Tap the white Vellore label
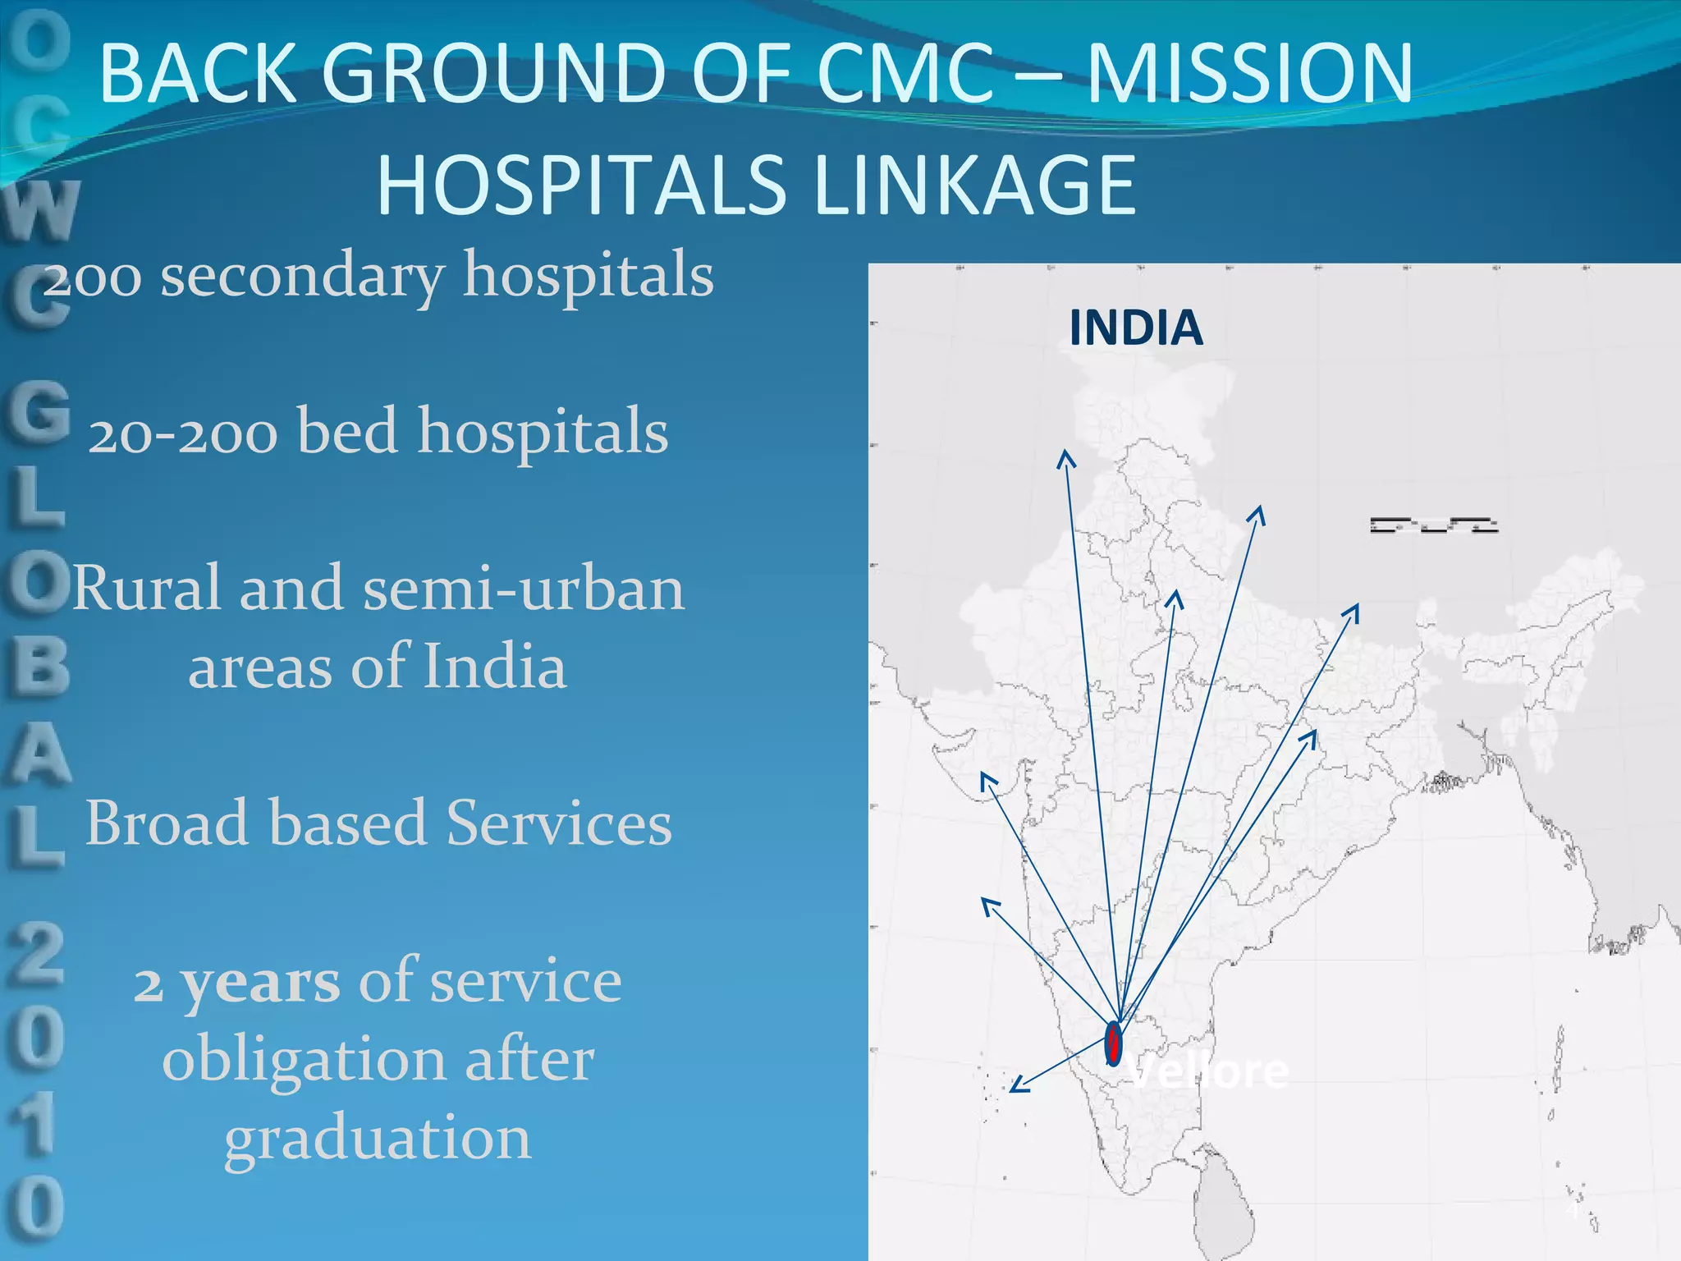point(1208,1071)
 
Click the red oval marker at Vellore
point(1113,1043)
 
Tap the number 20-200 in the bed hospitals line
point(183,433)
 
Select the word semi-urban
point(524,588)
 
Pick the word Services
point(559,823)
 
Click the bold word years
point(259,983)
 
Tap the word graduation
point(378,1139)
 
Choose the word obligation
point(305,1060)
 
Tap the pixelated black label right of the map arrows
point(1434,525)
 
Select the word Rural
point(148,588)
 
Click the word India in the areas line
point(494,666)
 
